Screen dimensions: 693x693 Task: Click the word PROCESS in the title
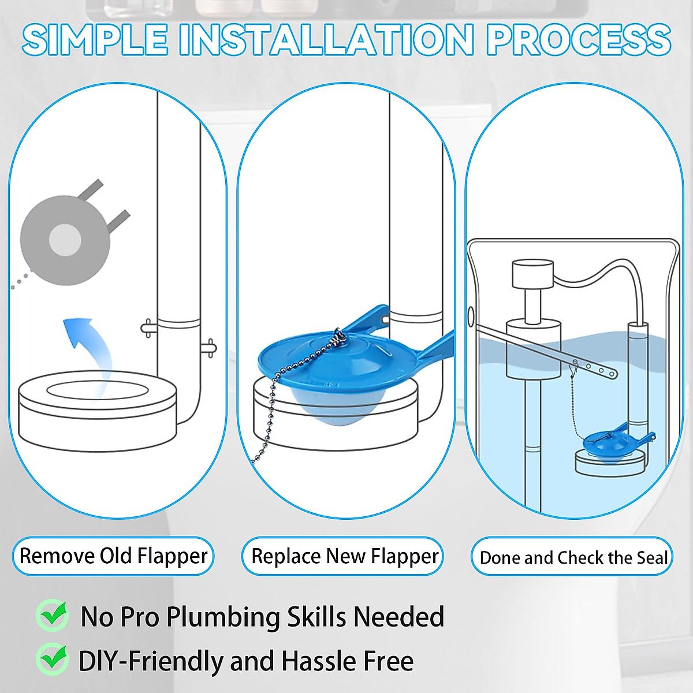[x=577, y=40]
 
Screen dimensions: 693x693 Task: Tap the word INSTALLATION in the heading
[x=326, y=40]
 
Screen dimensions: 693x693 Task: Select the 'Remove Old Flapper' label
[x=113, y=556]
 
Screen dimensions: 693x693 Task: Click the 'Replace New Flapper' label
[x=344, y=556]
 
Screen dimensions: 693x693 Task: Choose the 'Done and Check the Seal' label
[x=572, y=557]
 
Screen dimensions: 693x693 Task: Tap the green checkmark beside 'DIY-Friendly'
[x=53, y=659]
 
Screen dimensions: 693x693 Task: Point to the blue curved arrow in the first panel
[x=87, y=346]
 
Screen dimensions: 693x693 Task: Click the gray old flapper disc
[x=65, y=240]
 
